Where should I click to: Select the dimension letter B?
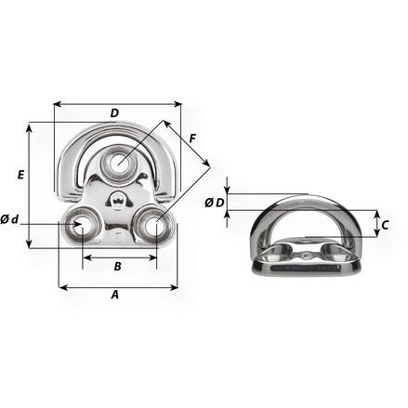[x=117, y=267]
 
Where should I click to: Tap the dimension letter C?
[x=385, y=224]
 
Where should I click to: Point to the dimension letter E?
[x=20, y=174]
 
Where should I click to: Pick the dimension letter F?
[x=191, y=139]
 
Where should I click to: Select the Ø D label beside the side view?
[x=214, y=202]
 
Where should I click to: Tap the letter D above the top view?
[x=114, y=113]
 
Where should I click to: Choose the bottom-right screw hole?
[x=153, y=223]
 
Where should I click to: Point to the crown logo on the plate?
[x=118, y=199]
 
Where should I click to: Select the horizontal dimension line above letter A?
[x=118, y=287]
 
